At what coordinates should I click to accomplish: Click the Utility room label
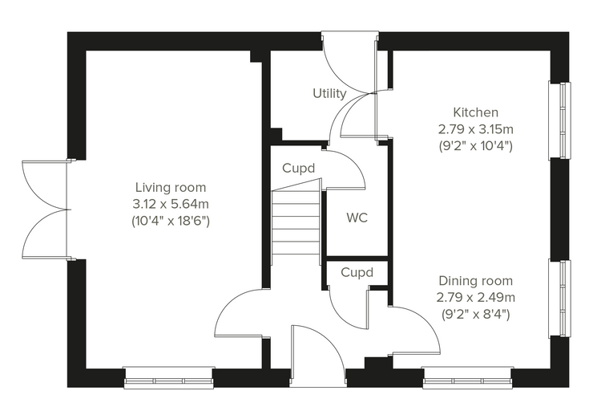(x=329, y=93)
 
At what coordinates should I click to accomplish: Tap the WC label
(x=357, y=218)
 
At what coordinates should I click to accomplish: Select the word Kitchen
(x=475, y=112)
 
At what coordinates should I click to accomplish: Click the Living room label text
(x=171, y=187)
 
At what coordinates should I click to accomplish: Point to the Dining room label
(x=475, y=281)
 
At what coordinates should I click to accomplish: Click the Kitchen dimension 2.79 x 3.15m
(x=475, y=128)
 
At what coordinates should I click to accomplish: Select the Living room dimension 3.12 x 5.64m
(x=171, y=204)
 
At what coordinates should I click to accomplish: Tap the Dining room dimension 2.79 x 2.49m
(x=475, y=297)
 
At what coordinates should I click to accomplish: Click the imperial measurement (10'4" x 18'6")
(x=171, y=221)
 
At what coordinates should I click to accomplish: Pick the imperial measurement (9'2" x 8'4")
(x=475, y=314)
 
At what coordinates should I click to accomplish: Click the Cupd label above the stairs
(x=298, y=168)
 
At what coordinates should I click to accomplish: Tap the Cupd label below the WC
(x=357, y=272)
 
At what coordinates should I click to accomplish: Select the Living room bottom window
(x=169, y=377)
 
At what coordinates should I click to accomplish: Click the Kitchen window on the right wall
(x=559, y=120)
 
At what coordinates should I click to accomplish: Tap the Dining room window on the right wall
(x=559, y=299)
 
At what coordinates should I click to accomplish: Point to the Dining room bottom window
(x=467, y=377)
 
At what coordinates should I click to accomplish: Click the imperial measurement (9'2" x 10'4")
(x=475, y=146)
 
